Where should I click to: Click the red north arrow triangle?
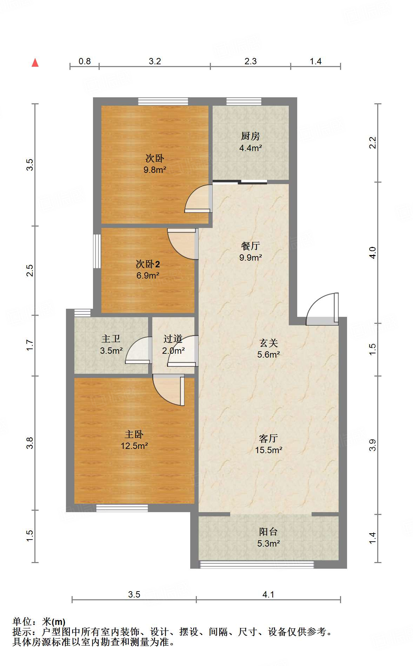pyautogui.click(x=35, y=63)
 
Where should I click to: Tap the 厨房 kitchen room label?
pyautogui.click(x=250, y=136)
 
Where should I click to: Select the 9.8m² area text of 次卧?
pyautogui.click(x=155, y=170)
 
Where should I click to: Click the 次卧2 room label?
pyautogui.click(x=148, y=264)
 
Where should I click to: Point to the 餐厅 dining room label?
pyautogui.click(x=250, y=246)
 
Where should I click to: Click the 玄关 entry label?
pyautogui.click(x=268, y=343)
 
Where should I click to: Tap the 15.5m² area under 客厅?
pyautogui.click(x=268, y=450)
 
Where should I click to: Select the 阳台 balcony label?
pyautogui.click(x=268, y=532)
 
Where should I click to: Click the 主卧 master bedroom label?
pyautogui.click(x=134, y=435)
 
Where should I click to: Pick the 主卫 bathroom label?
pyautogui.click(x=111, y=339)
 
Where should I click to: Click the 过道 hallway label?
pyautogui.click(x=173, y=339)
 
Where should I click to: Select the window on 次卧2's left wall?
pyautogui.click(x=97, y=251)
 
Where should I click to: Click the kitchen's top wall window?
pyautogui.click(x=244, y=102)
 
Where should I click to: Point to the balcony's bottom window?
pyautogui.click(x=257, y=564)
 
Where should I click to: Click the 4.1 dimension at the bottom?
pyautogui.click(x=268, y=594)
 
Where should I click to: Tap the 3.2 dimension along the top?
pyautogui.click(x=155, y=61)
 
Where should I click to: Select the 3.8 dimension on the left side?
pyautogui.click(x=30, y=443)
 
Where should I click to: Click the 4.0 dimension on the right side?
pyautogui.click(x=373, y=253)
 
